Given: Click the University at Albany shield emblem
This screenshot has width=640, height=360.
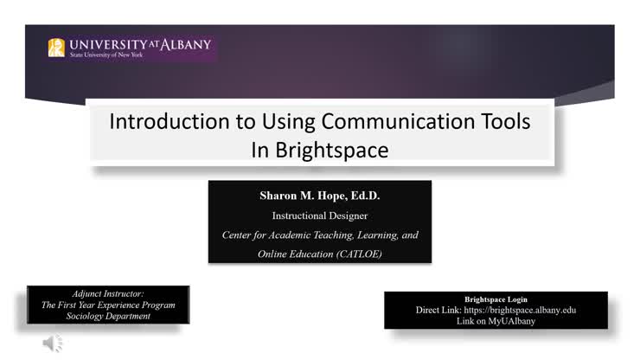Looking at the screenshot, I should (56, 48).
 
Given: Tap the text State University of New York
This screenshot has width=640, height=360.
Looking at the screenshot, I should (106, 55).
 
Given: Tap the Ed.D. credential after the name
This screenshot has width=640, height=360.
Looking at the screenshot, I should (362, 196).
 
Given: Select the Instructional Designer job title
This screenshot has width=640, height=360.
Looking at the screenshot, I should (319, 215).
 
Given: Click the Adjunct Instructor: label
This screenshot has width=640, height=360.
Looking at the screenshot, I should (108, 293).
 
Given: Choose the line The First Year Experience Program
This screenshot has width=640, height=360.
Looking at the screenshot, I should (108, 305).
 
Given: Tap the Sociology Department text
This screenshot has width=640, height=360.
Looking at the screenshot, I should (108, 316).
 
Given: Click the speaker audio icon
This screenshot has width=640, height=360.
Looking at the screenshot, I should (53, 344).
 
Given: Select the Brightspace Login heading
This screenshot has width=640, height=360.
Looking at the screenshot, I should (496, 299).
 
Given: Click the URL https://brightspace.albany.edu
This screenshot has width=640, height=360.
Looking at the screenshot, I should (519, 310).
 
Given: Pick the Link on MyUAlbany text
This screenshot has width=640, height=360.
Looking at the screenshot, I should (496, 320).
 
